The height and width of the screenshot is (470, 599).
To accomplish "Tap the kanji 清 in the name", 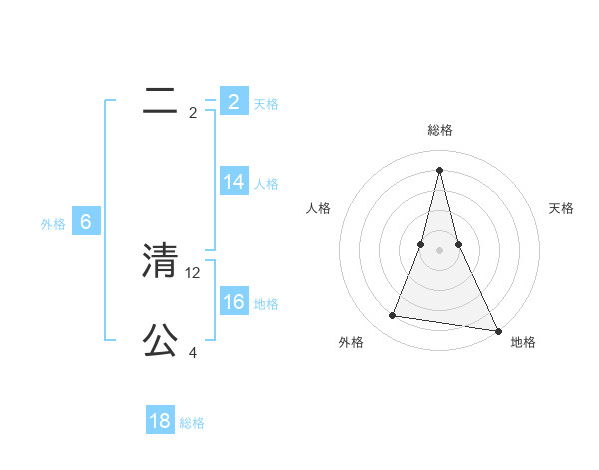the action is tap(160, 261).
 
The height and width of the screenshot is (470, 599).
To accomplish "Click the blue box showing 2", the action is tap(233, 101).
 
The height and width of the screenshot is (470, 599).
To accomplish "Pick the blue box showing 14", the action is tap(233, 182).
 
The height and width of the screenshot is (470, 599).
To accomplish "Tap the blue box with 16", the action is tap(233, 302).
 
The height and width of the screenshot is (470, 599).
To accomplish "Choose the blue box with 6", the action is tap(86, 222).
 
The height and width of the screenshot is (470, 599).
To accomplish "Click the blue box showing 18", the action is tap(160, 421).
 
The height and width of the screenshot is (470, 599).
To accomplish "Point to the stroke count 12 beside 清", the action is tap(194, 272).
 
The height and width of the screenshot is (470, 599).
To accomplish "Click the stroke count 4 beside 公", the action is tap(193, 352).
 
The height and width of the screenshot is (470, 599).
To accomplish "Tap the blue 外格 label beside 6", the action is tap(53, 224).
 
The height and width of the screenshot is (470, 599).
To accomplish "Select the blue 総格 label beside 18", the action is tap(192, 423).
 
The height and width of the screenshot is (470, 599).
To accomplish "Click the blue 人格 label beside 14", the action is tap(266, 184).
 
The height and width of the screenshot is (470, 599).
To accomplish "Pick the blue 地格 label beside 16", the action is tap(266, 304).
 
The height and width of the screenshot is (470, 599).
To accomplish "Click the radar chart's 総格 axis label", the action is tap(439, 130).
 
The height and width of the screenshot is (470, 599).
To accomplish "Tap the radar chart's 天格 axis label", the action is tap(562, 208).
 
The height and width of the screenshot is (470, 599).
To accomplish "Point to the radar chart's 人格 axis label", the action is tap(318, 208).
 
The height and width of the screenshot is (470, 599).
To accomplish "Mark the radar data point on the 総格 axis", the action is tap(439, 169).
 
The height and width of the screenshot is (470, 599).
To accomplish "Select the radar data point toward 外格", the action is tap(393, 316).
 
